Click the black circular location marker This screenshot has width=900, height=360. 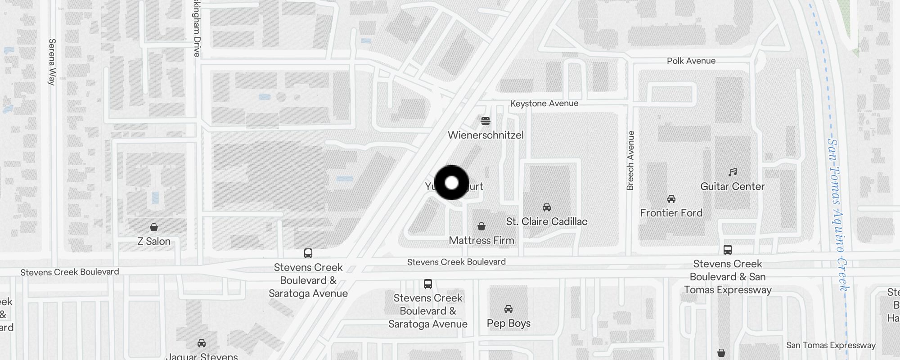click(451, 183)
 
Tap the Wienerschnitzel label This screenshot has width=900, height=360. click(486, 135)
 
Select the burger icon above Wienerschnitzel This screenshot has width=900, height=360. click(485, 121)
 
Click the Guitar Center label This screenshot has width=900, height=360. click(732, 186)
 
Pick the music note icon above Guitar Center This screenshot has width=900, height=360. click(733, 172)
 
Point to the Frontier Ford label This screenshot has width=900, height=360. click(671, 213)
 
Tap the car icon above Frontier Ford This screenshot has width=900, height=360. click(671, 198)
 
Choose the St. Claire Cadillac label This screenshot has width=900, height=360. click(546, 221)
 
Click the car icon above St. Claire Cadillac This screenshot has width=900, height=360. click(547, 207)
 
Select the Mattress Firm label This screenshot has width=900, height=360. click(481, 240)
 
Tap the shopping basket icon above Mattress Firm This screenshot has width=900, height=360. click(481, 226)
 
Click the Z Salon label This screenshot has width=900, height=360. click(154, 241)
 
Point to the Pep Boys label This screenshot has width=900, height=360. click(508, 323)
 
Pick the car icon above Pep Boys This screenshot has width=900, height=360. click(508, 309)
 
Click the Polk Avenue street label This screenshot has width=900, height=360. click(691, 61)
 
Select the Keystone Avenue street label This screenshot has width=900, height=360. click(544, 103)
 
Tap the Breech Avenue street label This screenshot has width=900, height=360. click(630, 160)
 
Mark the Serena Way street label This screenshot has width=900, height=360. click(52, 62)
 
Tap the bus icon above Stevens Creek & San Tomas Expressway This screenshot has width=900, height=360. click(727, 249)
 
